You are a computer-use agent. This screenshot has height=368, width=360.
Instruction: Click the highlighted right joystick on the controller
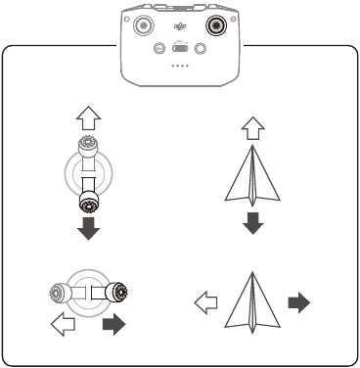[x=214, y=23]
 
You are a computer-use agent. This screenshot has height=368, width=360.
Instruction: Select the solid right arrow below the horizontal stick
[x=114, y=324]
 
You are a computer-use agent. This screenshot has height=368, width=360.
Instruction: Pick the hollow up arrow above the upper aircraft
[x=253, y=126]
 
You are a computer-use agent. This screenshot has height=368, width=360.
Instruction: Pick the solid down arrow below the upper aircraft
[x=253, y=223]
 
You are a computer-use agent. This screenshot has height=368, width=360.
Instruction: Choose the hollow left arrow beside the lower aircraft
[x=207, y=303]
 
